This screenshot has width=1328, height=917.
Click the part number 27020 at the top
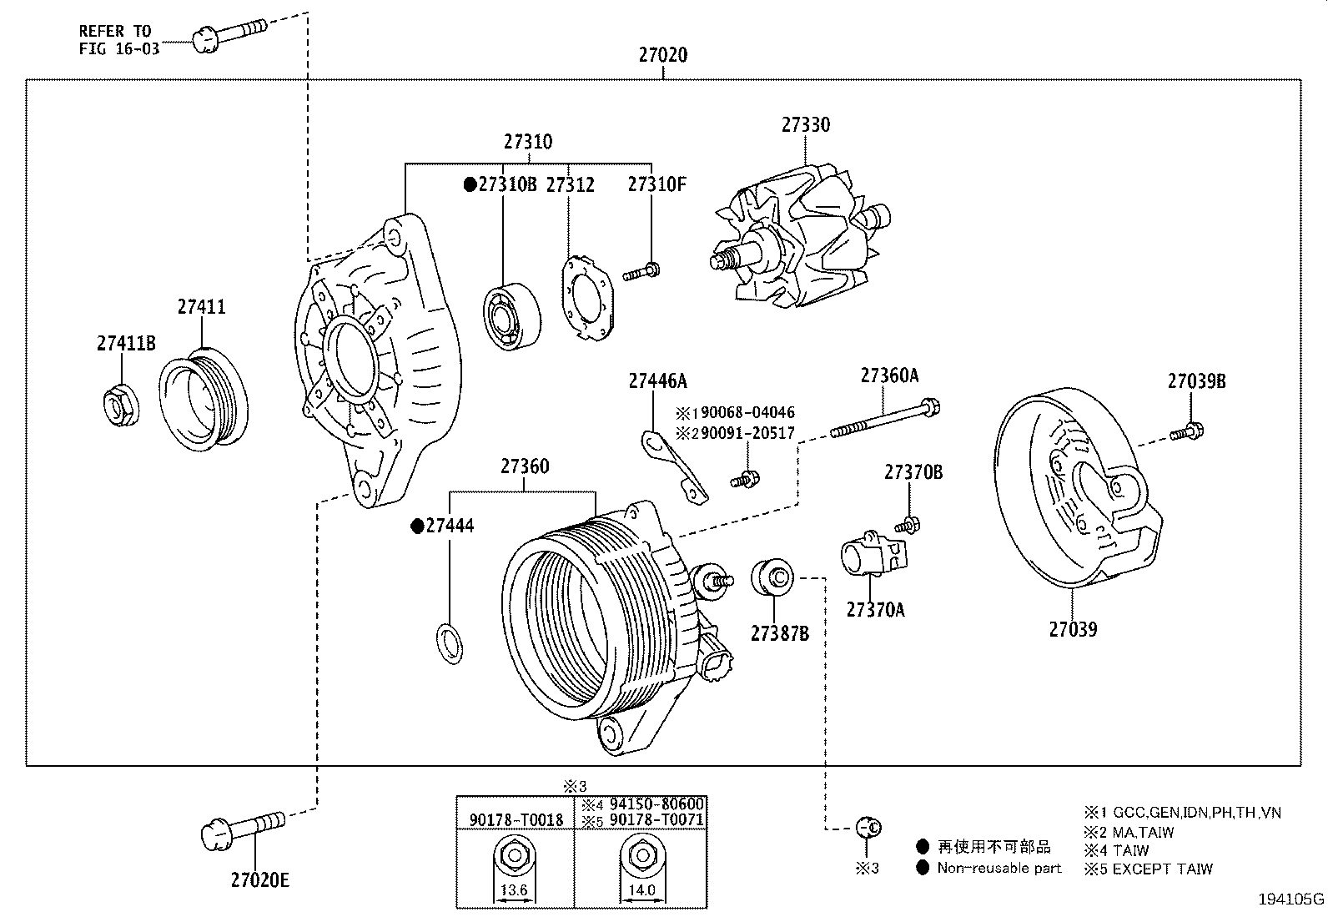click(x=663, y=55)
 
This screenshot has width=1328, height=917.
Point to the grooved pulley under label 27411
click(x=204, y=403)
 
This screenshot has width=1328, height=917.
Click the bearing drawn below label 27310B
click(x=512, y=317)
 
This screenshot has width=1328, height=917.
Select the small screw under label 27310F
click(x=641, y=271)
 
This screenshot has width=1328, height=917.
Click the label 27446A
click(x=657, y=381)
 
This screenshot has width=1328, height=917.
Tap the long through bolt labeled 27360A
click(x=886, y=420)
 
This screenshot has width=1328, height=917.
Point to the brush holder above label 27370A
click(x=873, y=556)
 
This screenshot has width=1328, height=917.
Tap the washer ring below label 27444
click(x=449, y=643)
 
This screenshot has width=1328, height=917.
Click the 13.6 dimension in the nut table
click(x=514, y=890)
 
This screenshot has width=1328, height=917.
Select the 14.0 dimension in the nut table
click(x=641, y=890)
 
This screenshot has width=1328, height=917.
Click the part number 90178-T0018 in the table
click(x=516, y=819)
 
